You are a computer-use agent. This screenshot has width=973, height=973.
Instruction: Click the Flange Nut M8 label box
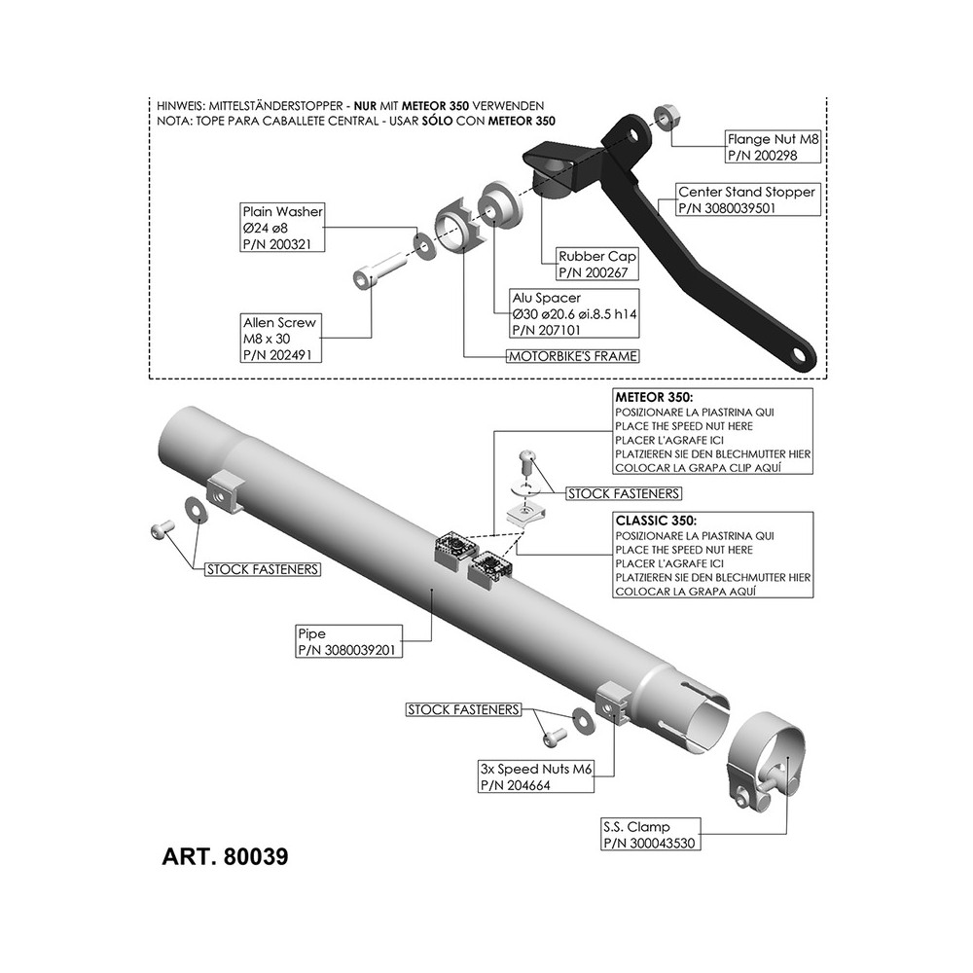(x=773, y=147)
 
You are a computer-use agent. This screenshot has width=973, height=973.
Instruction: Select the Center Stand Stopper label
(x=747, y=199)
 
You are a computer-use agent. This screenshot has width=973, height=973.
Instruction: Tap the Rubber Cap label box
(x=597, y=264)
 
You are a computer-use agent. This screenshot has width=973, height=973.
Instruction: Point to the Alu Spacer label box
(x=574, y=314)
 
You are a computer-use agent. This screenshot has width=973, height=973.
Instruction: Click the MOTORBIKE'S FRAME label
(x=573, y=356)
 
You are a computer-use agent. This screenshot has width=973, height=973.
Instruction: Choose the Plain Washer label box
(x=283, y=228)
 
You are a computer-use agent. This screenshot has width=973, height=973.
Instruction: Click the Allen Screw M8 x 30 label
(x=281, y=339)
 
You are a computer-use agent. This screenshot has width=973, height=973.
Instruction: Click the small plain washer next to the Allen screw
(x=425, y=244)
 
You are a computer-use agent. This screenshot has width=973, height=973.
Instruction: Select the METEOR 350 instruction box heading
(x=654, y=397)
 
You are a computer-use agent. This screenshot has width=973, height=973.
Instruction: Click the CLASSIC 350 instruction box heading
(x=656, y=521)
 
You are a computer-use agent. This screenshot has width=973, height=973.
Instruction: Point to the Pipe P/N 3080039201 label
(x=348, y=641)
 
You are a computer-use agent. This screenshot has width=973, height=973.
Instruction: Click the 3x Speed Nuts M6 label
(x=536, y=776)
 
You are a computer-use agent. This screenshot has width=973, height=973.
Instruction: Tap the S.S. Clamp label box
(x=651, y=835)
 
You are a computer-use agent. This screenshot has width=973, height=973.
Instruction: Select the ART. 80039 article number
(x=225, y=857)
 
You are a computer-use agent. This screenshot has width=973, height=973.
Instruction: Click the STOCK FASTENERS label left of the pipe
(x=263, y=569)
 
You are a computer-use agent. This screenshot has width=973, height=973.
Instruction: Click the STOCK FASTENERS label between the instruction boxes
(x=624, y=493)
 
